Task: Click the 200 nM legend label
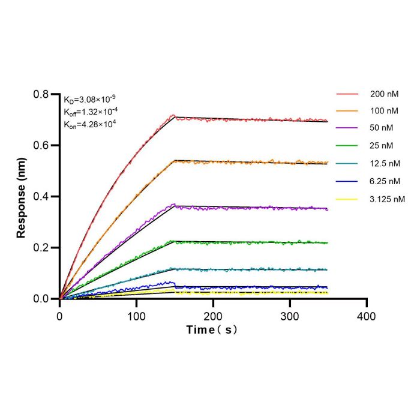[385, 94]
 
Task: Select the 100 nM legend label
[384, 111]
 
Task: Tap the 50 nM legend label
[382, 128]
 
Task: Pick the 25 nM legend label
[382, 146]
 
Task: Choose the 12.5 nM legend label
[385, 163]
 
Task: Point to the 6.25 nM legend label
[385, 181]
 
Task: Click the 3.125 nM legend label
[387, 199]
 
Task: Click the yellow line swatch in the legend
[347, 199]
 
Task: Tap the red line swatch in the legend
[347, 94]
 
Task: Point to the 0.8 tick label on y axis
[41, 94]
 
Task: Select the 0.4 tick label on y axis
[41, 197]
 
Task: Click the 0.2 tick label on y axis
[41, 248]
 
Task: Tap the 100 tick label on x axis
[136, 317]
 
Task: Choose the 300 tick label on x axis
[290, 317]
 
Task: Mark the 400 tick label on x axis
[367, 317]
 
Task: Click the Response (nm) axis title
[21, 197]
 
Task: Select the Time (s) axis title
[212, 330]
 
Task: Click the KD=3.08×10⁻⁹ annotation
[89, 100]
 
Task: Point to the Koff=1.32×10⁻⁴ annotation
[91, 112]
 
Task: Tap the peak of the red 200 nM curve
[173, 115]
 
